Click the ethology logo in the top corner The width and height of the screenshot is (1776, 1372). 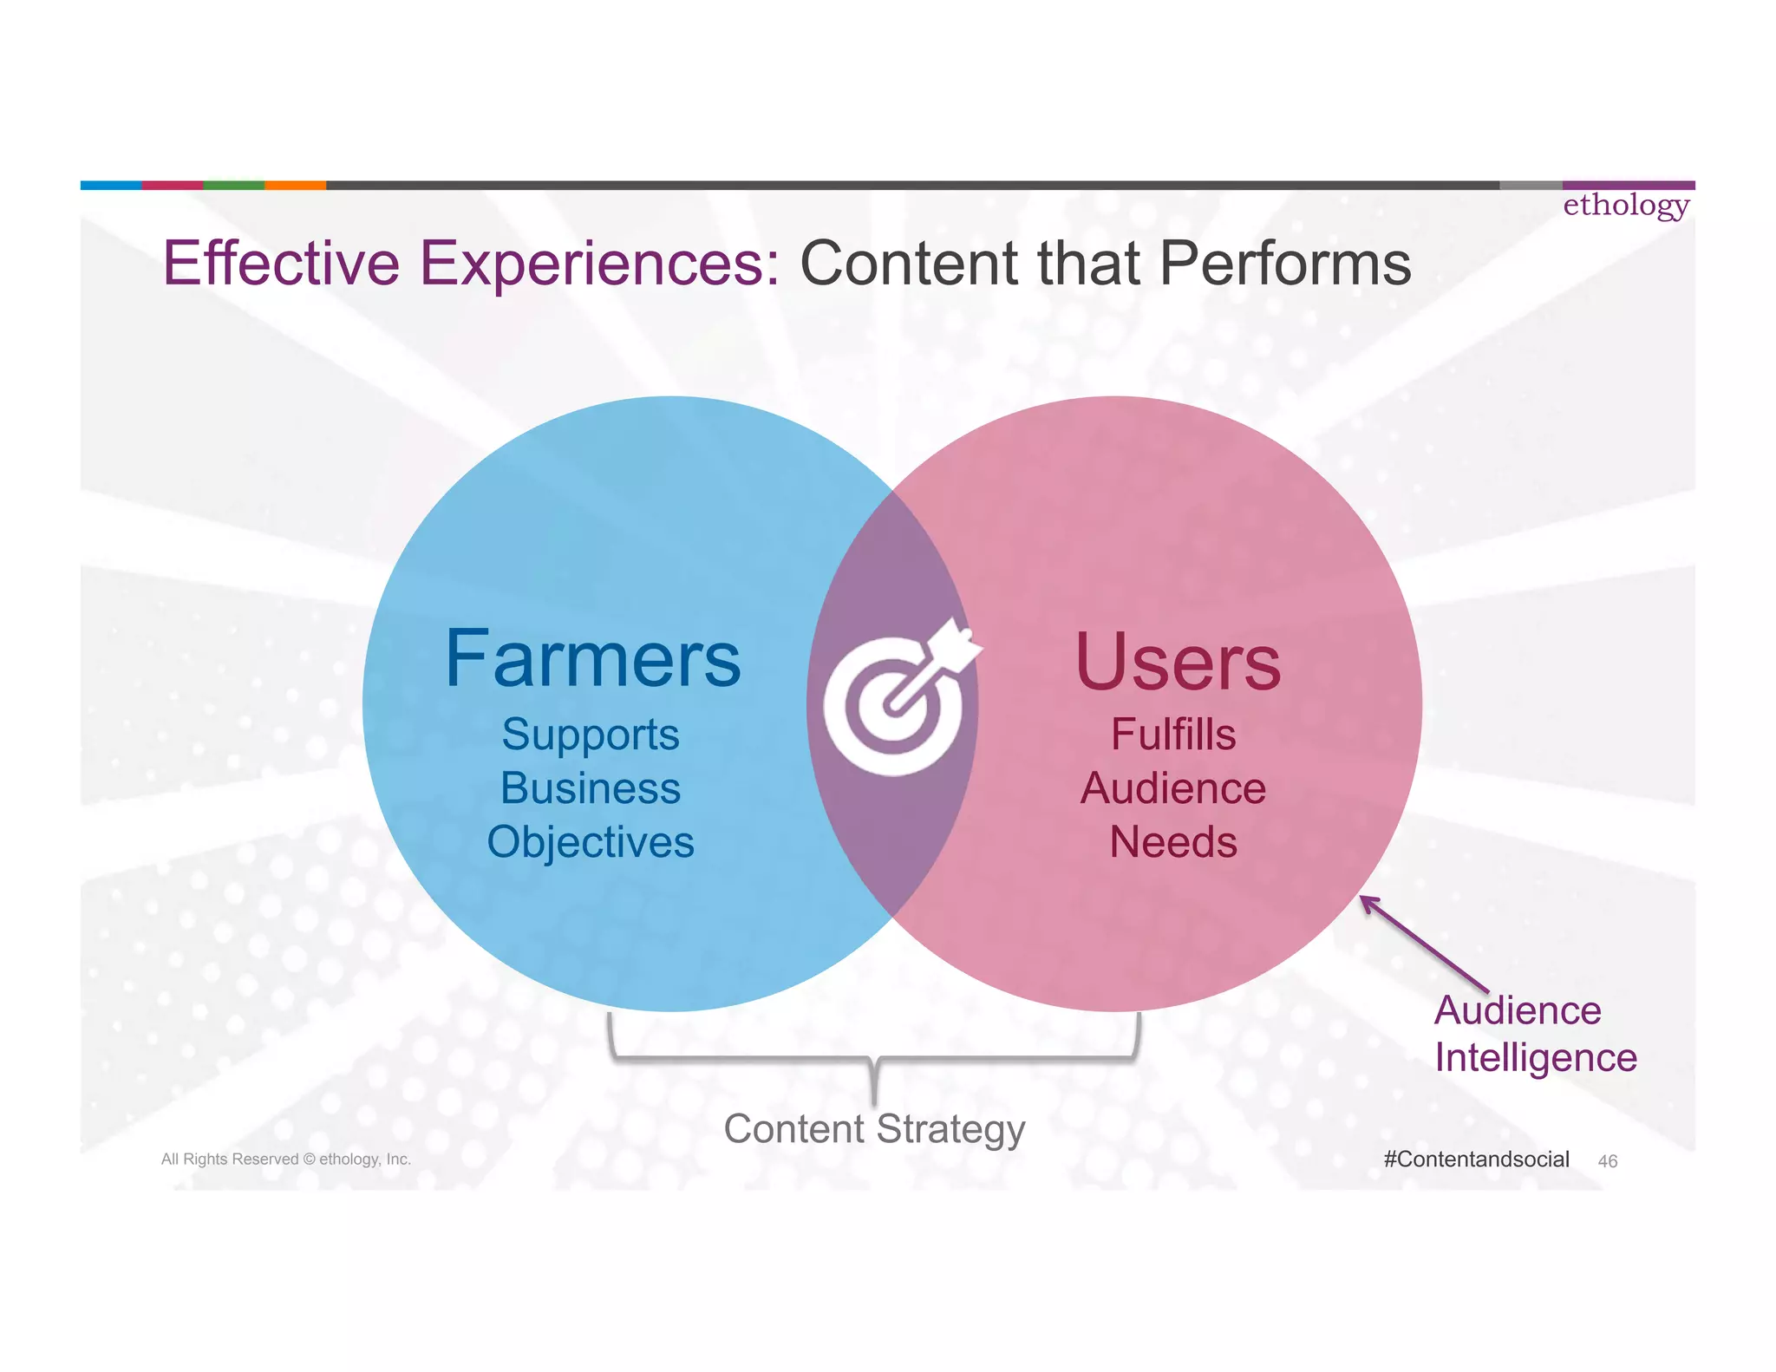pos(1626,206)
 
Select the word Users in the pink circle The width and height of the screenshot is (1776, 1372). pos(1178,663)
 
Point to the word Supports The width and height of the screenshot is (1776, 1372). pos(591,735)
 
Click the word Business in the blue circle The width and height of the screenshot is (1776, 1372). pos(591,788)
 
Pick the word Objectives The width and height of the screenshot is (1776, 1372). pos(591,842)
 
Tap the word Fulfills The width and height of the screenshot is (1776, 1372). pos(1173,735)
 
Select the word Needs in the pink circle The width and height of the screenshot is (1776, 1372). pos(1173,842)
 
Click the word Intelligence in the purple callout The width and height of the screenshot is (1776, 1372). pos(1535,1058)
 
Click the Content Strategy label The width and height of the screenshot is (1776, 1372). pos(874,1129)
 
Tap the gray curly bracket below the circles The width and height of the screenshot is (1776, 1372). pos(874,1058)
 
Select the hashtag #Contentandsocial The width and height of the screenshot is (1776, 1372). pos(1476,1160)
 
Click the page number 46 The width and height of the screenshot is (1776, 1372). pos(1607,1161)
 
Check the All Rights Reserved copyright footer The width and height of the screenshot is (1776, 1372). pos(286,1160)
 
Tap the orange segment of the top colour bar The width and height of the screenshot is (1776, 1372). pos(295,185)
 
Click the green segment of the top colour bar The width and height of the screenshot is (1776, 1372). pos(233,185)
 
